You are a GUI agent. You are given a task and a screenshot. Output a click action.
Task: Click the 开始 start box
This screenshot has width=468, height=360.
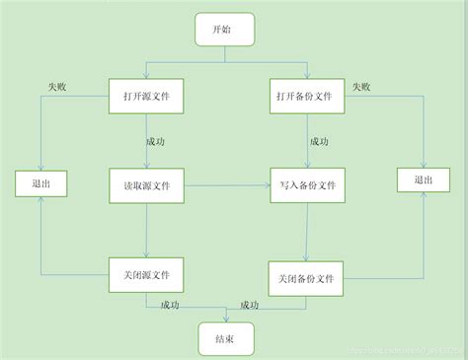226,30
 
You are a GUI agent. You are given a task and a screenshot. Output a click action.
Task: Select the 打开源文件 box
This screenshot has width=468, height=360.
146,97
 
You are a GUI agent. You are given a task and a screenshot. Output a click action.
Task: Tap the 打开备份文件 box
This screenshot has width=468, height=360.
307,97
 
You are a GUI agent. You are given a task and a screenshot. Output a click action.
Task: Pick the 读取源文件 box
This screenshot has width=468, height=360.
146,185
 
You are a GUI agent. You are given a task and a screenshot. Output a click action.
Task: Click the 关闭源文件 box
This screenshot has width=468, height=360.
146,273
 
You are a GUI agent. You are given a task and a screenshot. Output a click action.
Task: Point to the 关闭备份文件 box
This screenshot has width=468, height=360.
307,278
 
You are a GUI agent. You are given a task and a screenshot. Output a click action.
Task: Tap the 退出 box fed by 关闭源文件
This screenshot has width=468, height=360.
40,182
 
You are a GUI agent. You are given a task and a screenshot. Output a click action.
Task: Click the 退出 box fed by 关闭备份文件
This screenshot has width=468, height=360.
423,180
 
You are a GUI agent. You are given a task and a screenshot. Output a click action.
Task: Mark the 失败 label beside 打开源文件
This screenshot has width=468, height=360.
59,87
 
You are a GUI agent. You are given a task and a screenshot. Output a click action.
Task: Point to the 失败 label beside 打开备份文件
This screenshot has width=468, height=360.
359,87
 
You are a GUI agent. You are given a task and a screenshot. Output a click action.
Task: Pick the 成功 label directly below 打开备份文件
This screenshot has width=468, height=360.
319,141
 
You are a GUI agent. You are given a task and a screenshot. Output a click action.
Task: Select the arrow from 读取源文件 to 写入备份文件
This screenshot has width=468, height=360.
226,185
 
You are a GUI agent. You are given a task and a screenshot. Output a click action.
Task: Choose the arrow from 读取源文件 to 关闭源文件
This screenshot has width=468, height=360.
146,229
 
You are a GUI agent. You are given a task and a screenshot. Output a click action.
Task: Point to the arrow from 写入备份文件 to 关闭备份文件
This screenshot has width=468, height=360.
307,232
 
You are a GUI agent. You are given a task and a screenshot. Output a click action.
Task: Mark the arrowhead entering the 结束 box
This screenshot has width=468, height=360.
226,318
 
